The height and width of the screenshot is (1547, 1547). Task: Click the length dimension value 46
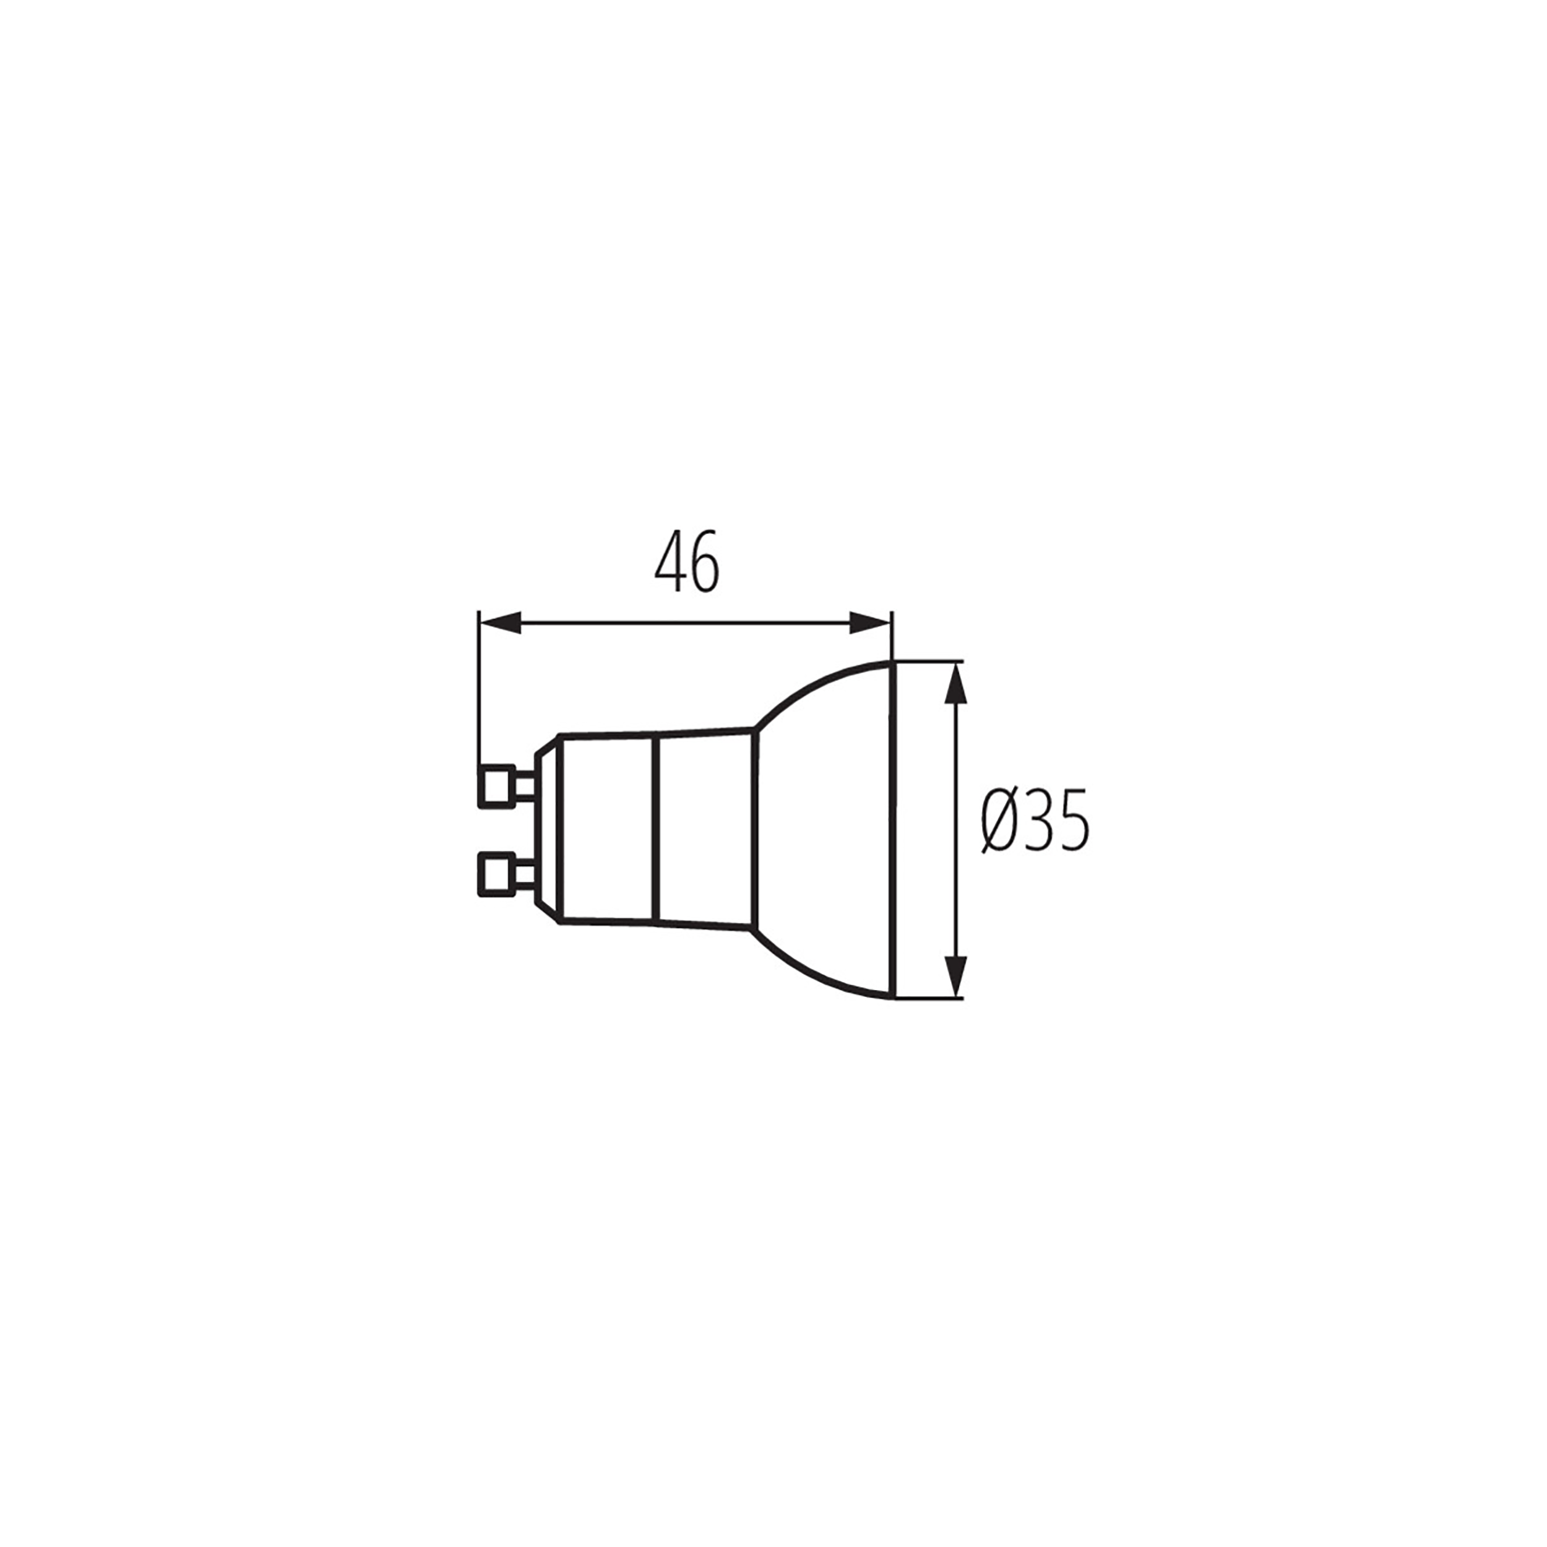tap(687, 561)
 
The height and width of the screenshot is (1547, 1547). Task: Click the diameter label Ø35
tap(1035, 822)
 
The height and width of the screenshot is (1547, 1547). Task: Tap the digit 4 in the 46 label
tap(670, 561)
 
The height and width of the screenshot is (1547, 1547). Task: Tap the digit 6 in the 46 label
tap(705, 561)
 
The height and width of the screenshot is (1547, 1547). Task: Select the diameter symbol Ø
tap(999, 822)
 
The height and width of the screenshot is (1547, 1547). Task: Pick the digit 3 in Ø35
tap(1038, 822)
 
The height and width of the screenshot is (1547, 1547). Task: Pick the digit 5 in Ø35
tap(1073, 822)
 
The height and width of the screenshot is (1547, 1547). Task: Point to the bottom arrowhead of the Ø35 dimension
tap(956, 976)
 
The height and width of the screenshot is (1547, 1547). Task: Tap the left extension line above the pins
tap(479, 689)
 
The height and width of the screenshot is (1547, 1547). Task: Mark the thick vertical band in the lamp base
tap(655, 830)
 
